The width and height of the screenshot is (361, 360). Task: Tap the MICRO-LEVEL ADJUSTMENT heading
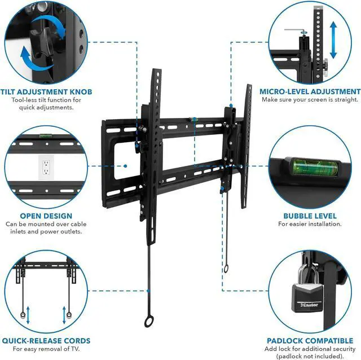[310, 91]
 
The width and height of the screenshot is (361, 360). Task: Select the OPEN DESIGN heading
[46, 216]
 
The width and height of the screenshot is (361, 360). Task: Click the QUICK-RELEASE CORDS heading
[46, 341]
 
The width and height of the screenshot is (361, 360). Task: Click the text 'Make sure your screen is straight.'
[310, 100]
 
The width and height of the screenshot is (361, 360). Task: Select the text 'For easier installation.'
[310, 224]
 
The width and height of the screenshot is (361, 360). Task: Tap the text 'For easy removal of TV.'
[46, 349]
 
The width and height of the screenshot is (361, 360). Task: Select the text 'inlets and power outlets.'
[46, 232]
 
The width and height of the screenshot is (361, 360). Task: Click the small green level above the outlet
[43, 135]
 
